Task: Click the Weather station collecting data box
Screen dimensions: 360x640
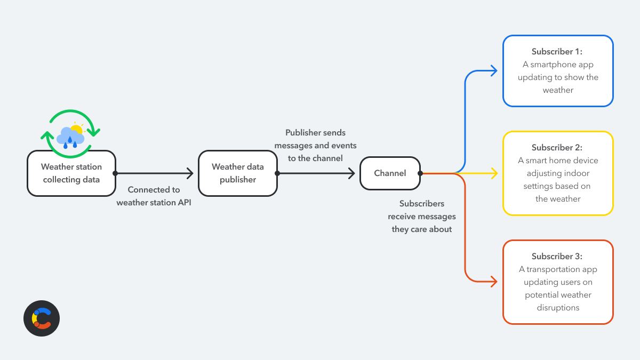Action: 71,173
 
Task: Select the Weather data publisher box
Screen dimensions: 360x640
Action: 238,173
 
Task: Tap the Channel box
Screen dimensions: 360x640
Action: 390,173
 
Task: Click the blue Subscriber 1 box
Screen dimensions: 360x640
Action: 558,71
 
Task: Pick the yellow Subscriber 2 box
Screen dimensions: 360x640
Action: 558,173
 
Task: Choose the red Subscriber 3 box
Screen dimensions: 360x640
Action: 558,282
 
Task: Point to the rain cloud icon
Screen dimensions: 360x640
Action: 69,137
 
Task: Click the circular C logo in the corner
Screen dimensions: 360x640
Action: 42,318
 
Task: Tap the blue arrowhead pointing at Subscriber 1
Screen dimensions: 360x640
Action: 494,71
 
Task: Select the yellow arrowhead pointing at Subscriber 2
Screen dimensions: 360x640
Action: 494,173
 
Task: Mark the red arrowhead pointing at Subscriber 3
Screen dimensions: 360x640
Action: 494,282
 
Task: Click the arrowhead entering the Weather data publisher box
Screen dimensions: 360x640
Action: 190,173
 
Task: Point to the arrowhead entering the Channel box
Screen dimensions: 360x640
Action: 352,173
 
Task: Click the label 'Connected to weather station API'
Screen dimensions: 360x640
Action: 154,196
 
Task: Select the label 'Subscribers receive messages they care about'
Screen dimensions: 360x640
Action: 422,217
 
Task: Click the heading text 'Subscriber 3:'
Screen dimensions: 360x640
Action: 557,257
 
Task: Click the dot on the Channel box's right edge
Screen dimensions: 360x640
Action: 420,173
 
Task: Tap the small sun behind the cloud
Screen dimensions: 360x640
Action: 77,129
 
